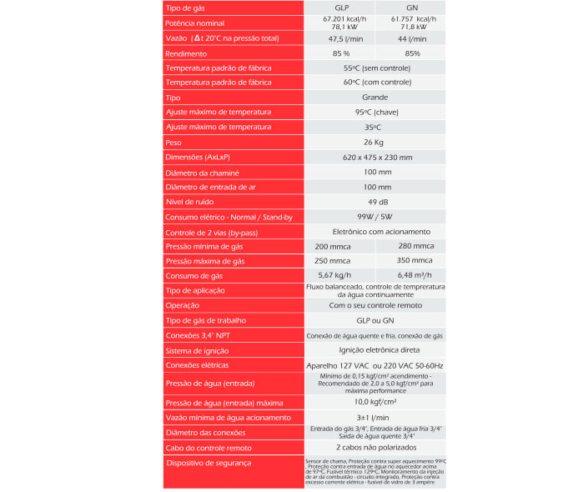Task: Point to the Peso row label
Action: tap(174, 143)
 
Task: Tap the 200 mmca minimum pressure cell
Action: tap(333, 247)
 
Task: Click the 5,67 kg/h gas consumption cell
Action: tap(333, 276)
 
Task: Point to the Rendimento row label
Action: tap(186, 53)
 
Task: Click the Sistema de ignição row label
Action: tap(197, 351)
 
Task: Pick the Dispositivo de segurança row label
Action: tap(209, 463)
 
